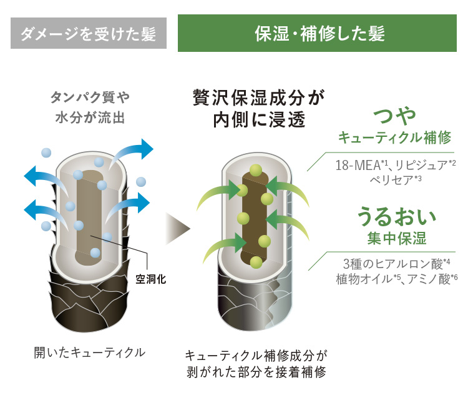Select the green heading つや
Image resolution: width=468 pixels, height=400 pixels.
click(x=393, y=116)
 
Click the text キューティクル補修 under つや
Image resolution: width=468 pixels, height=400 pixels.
click(x=394, y=139)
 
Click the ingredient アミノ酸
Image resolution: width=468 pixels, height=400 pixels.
click(x=431, y=279)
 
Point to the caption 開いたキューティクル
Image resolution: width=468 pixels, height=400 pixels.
click(x=89, y=353)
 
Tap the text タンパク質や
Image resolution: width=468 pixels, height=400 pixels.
click(x=90, y=98)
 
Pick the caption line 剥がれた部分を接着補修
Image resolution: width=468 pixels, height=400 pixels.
click(x=256, y=372)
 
